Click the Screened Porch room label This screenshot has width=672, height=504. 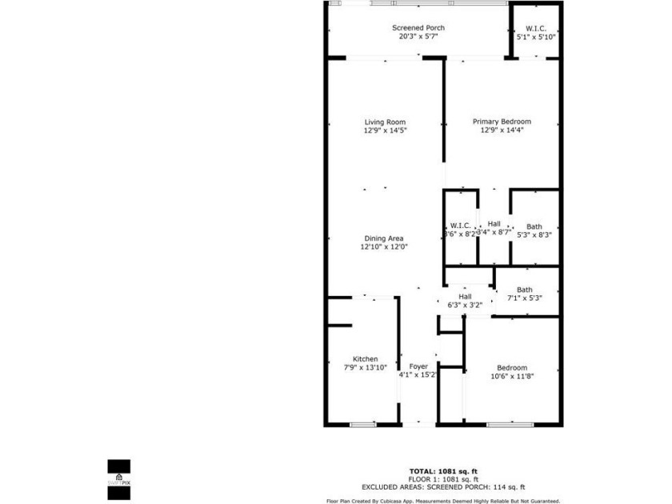[x=418, y=28]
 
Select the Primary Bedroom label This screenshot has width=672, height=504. [x=502, y=122]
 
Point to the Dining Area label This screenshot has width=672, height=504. [x=384, y=238]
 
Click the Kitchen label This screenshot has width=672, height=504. [x=366, y=359]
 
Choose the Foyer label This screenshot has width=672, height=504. [x=418, y=366]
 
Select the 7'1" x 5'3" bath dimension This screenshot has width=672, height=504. [x=525, y=298]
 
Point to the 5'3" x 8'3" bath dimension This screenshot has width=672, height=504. [x=534, y=235]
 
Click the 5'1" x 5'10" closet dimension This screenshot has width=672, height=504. [x=536, y=37]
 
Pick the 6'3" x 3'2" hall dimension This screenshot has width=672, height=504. [x=466, y=305]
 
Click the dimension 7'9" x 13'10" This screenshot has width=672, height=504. [x=365, y=367]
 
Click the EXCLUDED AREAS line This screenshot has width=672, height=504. [x=442, y=486]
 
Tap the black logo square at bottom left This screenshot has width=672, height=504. [x=118, y=467]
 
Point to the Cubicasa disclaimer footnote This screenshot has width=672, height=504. [x=442, y=501]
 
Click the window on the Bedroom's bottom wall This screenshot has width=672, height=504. [x=510, y=424]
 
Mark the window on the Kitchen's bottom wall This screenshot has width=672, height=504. [x=363, y=424]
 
